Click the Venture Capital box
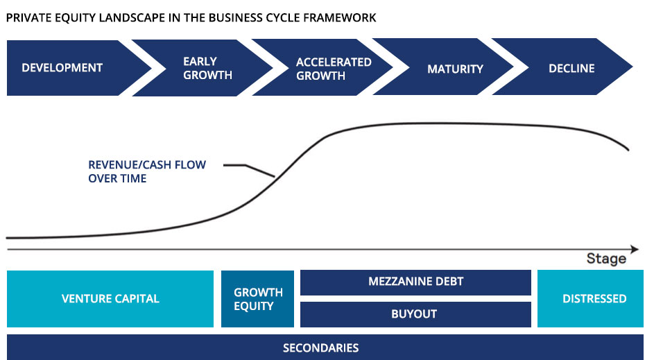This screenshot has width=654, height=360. [x=110, y=299]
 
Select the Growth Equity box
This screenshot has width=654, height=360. [x=257, y=299]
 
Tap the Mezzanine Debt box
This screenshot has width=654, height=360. [x=415, y=282]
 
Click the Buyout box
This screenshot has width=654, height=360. [x=415, y=314]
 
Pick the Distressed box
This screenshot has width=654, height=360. [x=590, y=299]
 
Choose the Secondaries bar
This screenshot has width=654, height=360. [x=325, y=347]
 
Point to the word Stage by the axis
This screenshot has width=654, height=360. [x=606, y=259]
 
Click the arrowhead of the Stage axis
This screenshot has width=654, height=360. [x=635, y=250]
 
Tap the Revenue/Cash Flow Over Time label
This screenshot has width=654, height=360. [x=147, y=171]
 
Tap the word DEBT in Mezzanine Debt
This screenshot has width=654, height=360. [x=449, y=282]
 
